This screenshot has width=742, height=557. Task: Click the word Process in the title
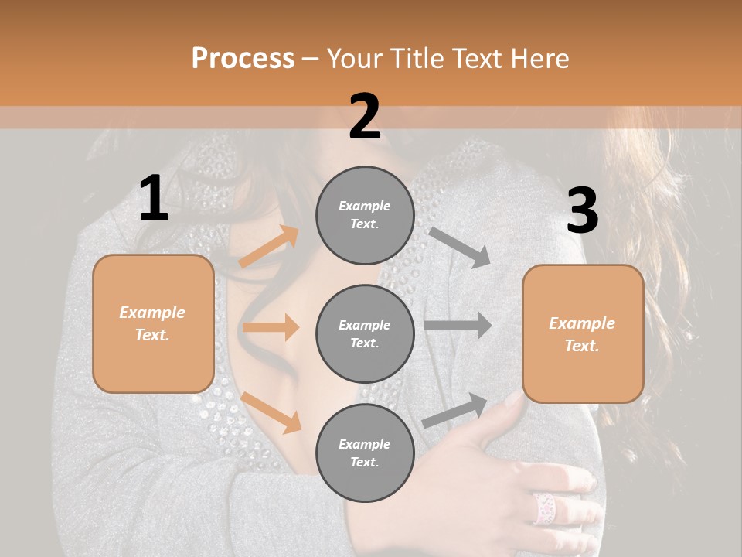click(243, 59)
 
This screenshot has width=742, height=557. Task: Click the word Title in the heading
click(416, 59)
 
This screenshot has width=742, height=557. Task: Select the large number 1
click(154, 199)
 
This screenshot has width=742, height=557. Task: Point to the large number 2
click(365, 117)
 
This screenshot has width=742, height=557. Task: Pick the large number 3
click(582, 211)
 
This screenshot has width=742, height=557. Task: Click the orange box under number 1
click(153, 364)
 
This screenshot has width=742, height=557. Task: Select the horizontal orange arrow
click(271, 327)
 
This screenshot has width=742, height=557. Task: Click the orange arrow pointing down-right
click(271, 412)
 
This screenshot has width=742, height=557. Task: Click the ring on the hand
click(544, 507)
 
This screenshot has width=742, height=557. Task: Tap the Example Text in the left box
click(152, 323)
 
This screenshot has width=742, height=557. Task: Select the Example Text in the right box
click(582, 334)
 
